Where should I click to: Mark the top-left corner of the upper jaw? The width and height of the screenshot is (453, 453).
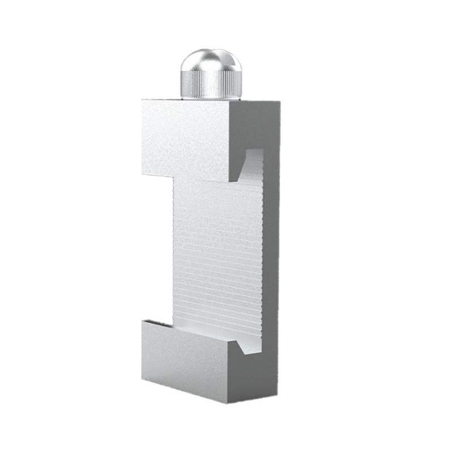(143, 101)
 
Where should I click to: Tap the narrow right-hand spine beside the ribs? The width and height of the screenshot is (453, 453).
(271, 255)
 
